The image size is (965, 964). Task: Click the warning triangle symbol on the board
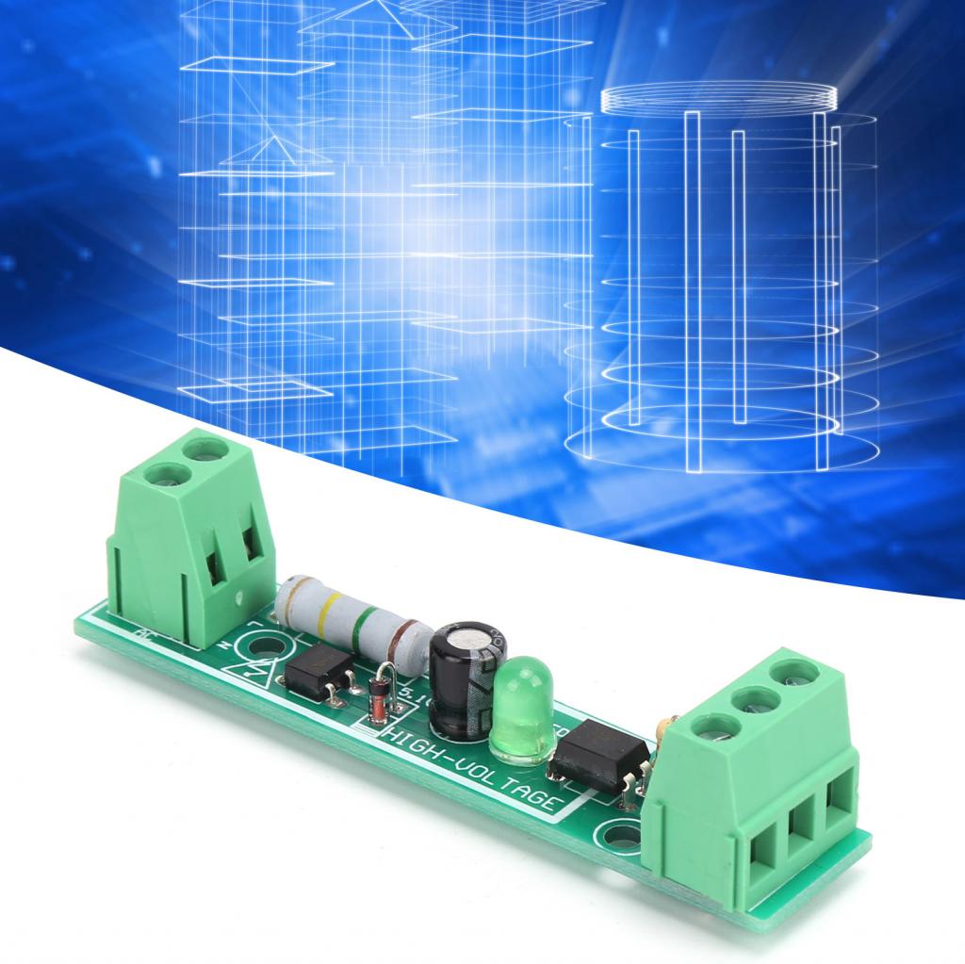tap(261, 676)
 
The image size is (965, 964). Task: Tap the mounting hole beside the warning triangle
tap(266, 646)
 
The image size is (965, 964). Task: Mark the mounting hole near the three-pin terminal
tap(623, 833)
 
